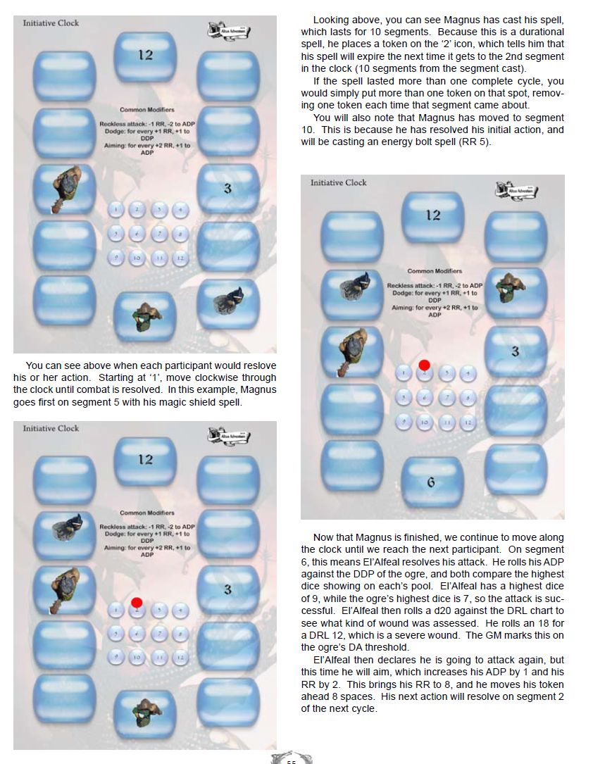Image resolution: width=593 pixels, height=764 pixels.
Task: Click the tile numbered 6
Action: tap(431, 482)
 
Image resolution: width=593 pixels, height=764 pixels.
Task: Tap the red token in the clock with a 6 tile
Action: tap(424, 365)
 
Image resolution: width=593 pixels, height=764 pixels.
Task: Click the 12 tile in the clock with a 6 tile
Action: tap(432, 215)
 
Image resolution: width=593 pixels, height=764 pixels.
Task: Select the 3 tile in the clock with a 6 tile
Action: tap(516, 351)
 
